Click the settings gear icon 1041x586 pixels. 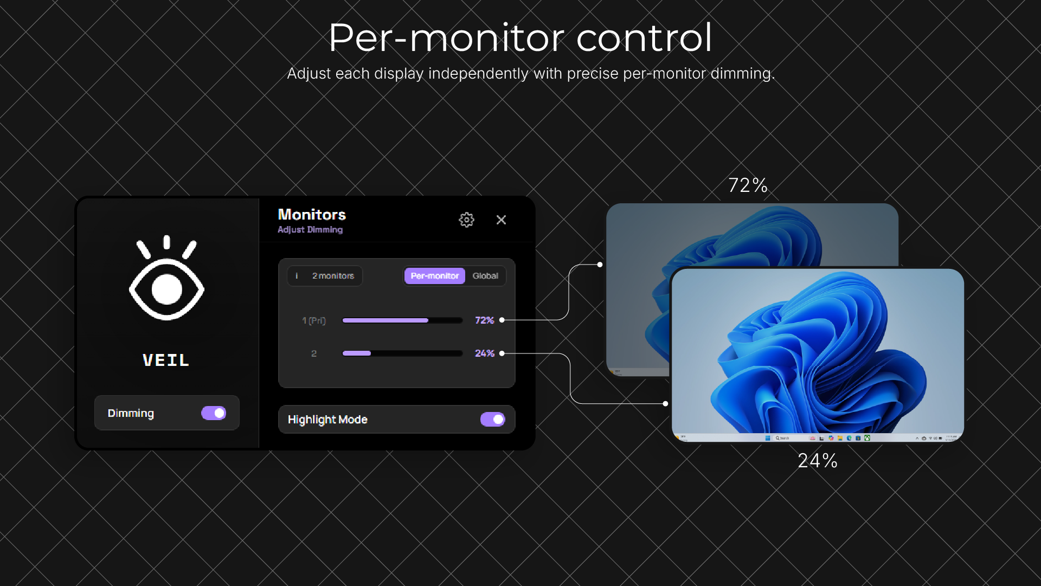[466, 220]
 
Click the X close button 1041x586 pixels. [501, 220]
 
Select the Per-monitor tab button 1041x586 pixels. [434, 276]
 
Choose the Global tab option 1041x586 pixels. [485, 276]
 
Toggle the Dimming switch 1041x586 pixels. [214, 413]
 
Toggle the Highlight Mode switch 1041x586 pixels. [492, 420]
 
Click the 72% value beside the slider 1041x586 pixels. [484, 320]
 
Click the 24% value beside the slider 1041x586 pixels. [484, 353]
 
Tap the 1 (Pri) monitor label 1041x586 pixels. [314, 321]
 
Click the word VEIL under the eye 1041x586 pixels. [166, 360]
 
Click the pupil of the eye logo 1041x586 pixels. [166, 289]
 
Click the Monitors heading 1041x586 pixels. [312, 215]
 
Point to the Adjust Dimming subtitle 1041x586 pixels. [310, 230]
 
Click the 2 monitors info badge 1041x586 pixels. [325, 276]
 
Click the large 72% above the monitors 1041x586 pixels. [748, 185]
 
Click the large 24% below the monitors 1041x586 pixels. [818, 461]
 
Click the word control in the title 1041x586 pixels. [644, 38]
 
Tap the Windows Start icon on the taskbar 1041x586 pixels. [768, 438]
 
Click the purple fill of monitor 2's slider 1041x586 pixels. [357, 353]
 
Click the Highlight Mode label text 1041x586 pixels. [327, 420]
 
